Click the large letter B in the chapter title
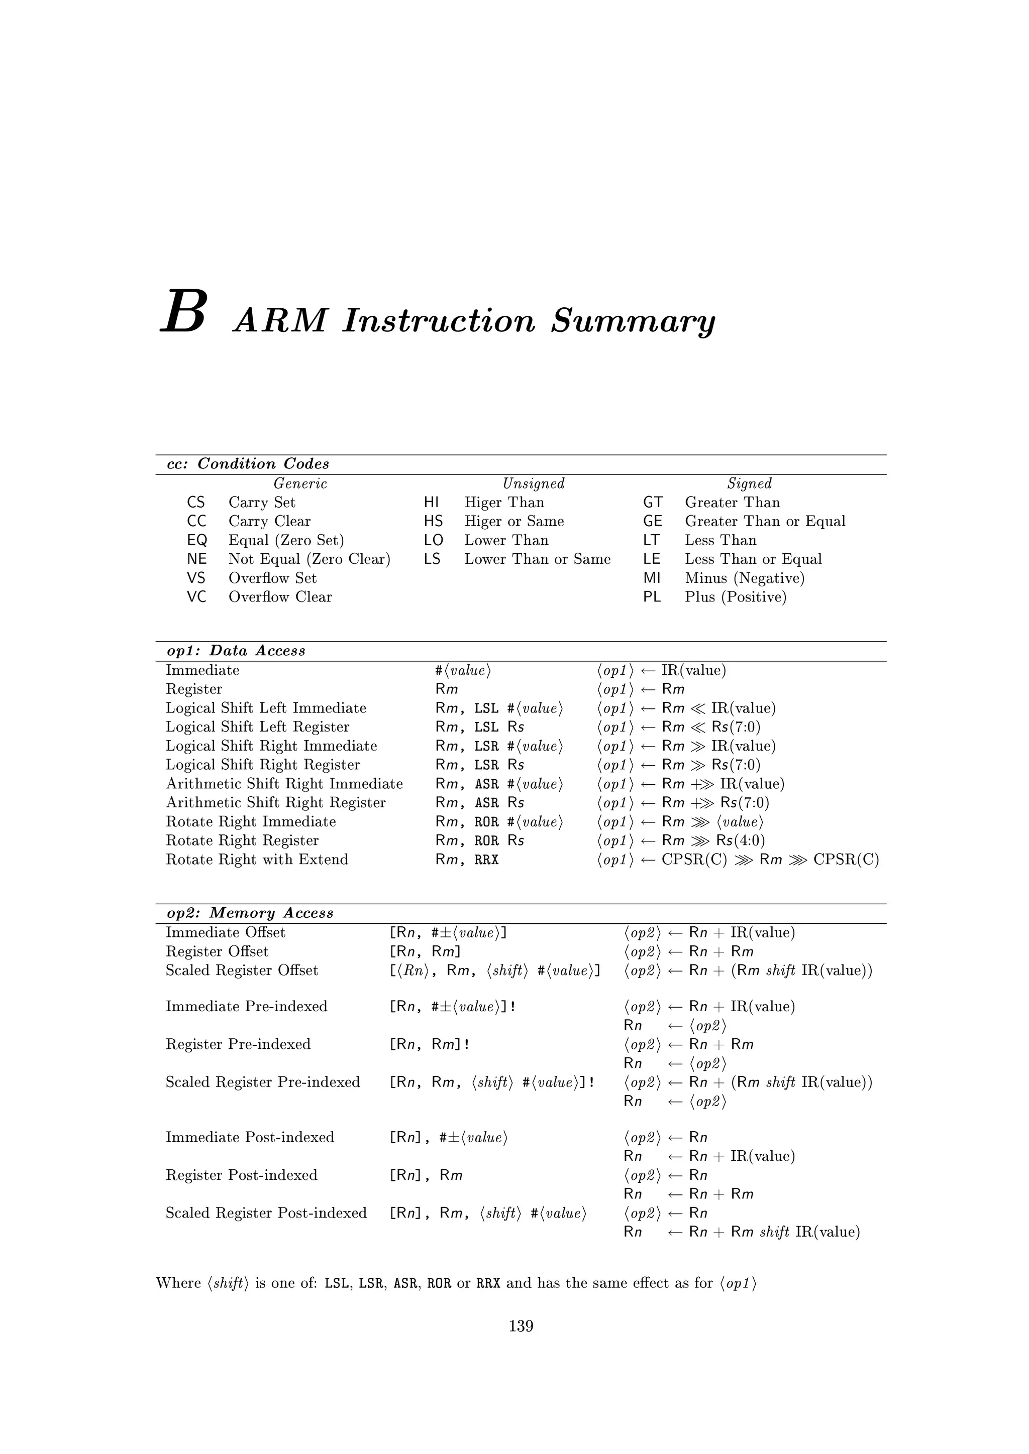[184, 312]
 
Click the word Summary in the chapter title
[633, 322]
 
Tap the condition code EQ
[197, 540]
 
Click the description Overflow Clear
[280, 597]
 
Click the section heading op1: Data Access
[236, 651]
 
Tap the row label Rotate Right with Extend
[257, 860]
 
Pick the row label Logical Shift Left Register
[257, 727]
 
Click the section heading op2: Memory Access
[250, 913]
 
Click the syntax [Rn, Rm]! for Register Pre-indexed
[429, 1044]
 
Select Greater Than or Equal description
[765, 521]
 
